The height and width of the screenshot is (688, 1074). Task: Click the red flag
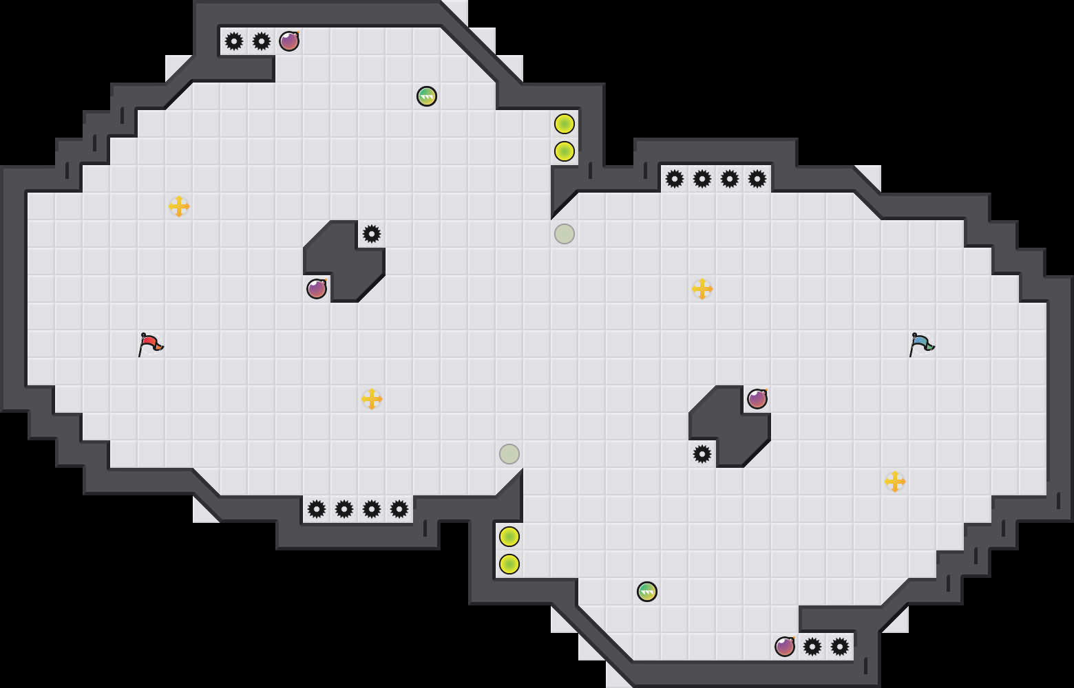coord(150,343)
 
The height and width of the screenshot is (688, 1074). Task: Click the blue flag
coord(921,343)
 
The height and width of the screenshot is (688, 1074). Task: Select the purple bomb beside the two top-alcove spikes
coord(289,41)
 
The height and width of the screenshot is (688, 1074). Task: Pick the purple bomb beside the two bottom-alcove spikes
coord(785,647)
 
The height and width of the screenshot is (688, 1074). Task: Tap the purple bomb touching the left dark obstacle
coord(317,289)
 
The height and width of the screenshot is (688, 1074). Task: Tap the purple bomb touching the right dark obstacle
coord(757,399)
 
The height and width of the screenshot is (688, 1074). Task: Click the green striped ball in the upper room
coord(427,96)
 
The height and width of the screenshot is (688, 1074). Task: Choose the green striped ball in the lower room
coord(647,592)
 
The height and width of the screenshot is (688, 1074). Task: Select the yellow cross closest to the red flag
coord(179,206)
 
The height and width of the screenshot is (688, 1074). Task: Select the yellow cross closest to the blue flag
coord(895,482)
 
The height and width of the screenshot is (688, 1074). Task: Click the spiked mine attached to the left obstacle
coord(372,234)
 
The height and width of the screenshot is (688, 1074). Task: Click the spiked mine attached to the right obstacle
coord(702,454)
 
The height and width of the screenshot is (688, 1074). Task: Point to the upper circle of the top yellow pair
coord(565,124)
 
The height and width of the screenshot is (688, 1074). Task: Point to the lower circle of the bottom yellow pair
coord(509,564)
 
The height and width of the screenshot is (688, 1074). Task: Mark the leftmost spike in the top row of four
coord(675,179)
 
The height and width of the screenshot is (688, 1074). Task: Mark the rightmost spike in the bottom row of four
coord(399,509)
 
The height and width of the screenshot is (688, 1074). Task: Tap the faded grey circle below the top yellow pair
coord(565,234)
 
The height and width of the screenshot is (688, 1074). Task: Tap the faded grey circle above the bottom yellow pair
coord(509,454)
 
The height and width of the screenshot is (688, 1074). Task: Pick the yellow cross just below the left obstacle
coord(372,399)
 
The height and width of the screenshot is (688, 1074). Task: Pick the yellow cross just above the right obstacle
coord(702,289)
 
